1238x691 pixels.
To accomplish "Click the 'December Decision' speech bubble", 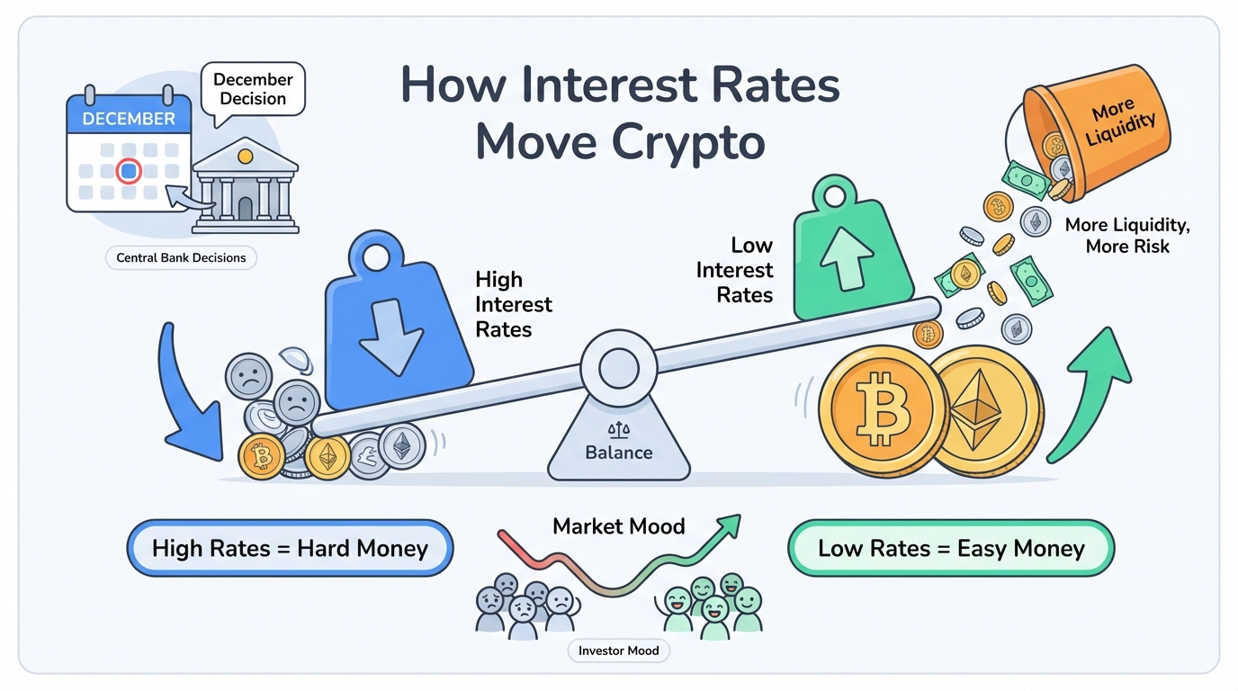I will (x=253, y=90).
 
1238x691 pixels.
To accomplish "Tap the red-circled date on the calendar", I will (x=129, y=170).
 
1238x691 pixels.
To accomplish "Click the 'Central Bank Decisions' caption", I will (x=181, y=258).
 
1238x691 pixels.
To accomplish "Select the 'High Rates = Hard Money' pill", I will (x=290, y=548).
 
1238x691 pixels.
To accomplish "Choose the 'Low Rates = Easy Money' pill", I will (x=951, y=548).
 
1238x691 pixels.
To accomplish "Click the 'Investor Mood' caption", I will (x=619, y=651).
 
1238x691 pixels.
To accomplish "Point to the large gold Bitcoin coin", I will (x=883, y=411).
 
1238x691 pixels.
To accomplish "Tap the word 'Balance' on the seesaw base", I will (x=618, y=453).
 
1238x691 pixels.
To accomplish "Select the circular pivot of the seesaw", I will (x=618, y=368).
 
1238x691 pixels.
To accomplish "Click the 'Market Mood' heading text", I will (x=619, y=526).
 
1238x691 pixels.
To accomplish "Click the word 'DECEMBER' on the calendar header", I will (x=129, y=119).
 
